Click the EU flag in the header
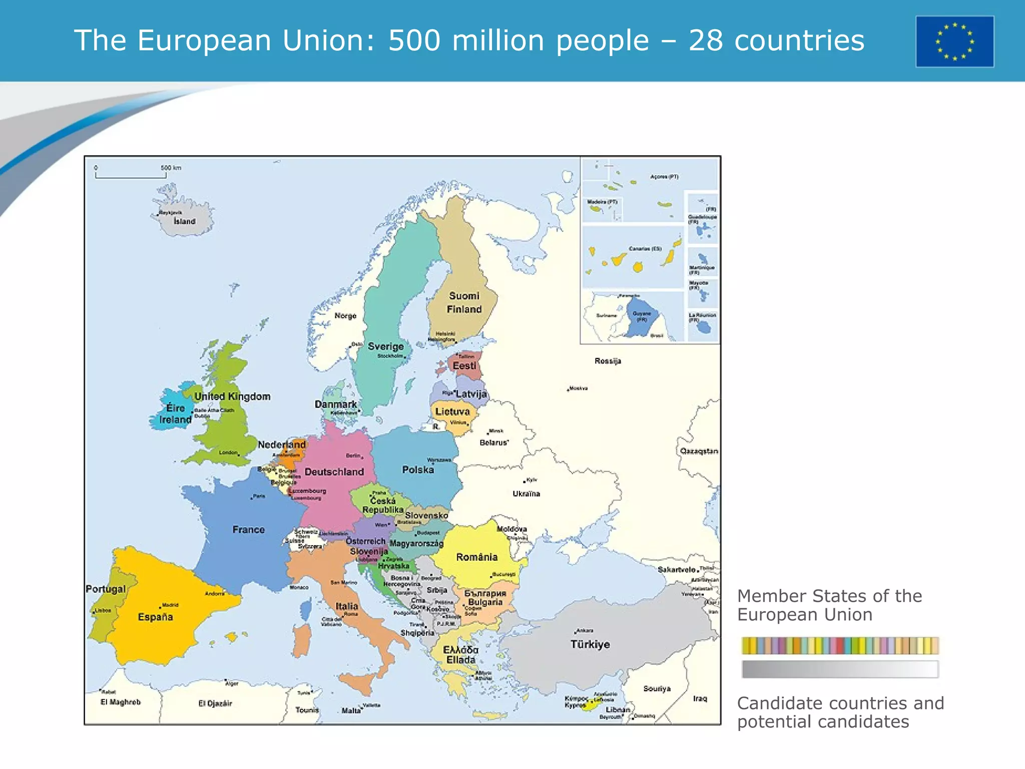(954, 42)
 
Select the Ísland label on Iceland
(185, 221)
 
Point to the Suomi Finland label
(464, 302)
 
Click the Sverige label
(386, 346)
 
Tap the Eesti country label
(464, 366)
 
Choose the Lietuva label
(452, 412)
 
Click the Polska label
(418, 470)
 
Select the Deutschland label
(334, 472)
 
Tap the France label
(248, 530)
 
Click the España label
(155, 617)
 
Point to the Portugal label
(105, 589)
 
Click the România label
(476, 557)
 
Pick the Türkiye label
(590, 644)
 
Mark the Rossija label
(608, 361)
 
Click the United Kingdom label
(232, 397)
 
